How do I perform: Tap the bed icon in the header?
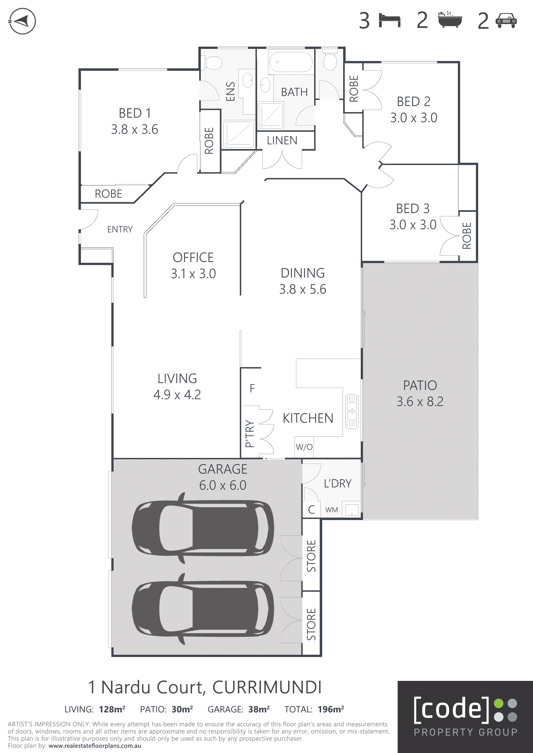(x=389, y=20)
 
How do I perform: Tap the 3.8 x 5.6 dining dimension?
(x=303, y=289)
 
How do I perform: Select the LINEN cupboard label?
(x=282, y=141)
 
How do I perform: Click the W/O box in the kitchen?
(x=304, y=447)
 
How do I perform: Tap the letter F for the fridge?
(x=252, y=388)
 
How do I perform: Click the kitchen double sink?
(x=352, y=411)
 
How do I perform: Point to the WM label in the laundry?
(x=331, y=510)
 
